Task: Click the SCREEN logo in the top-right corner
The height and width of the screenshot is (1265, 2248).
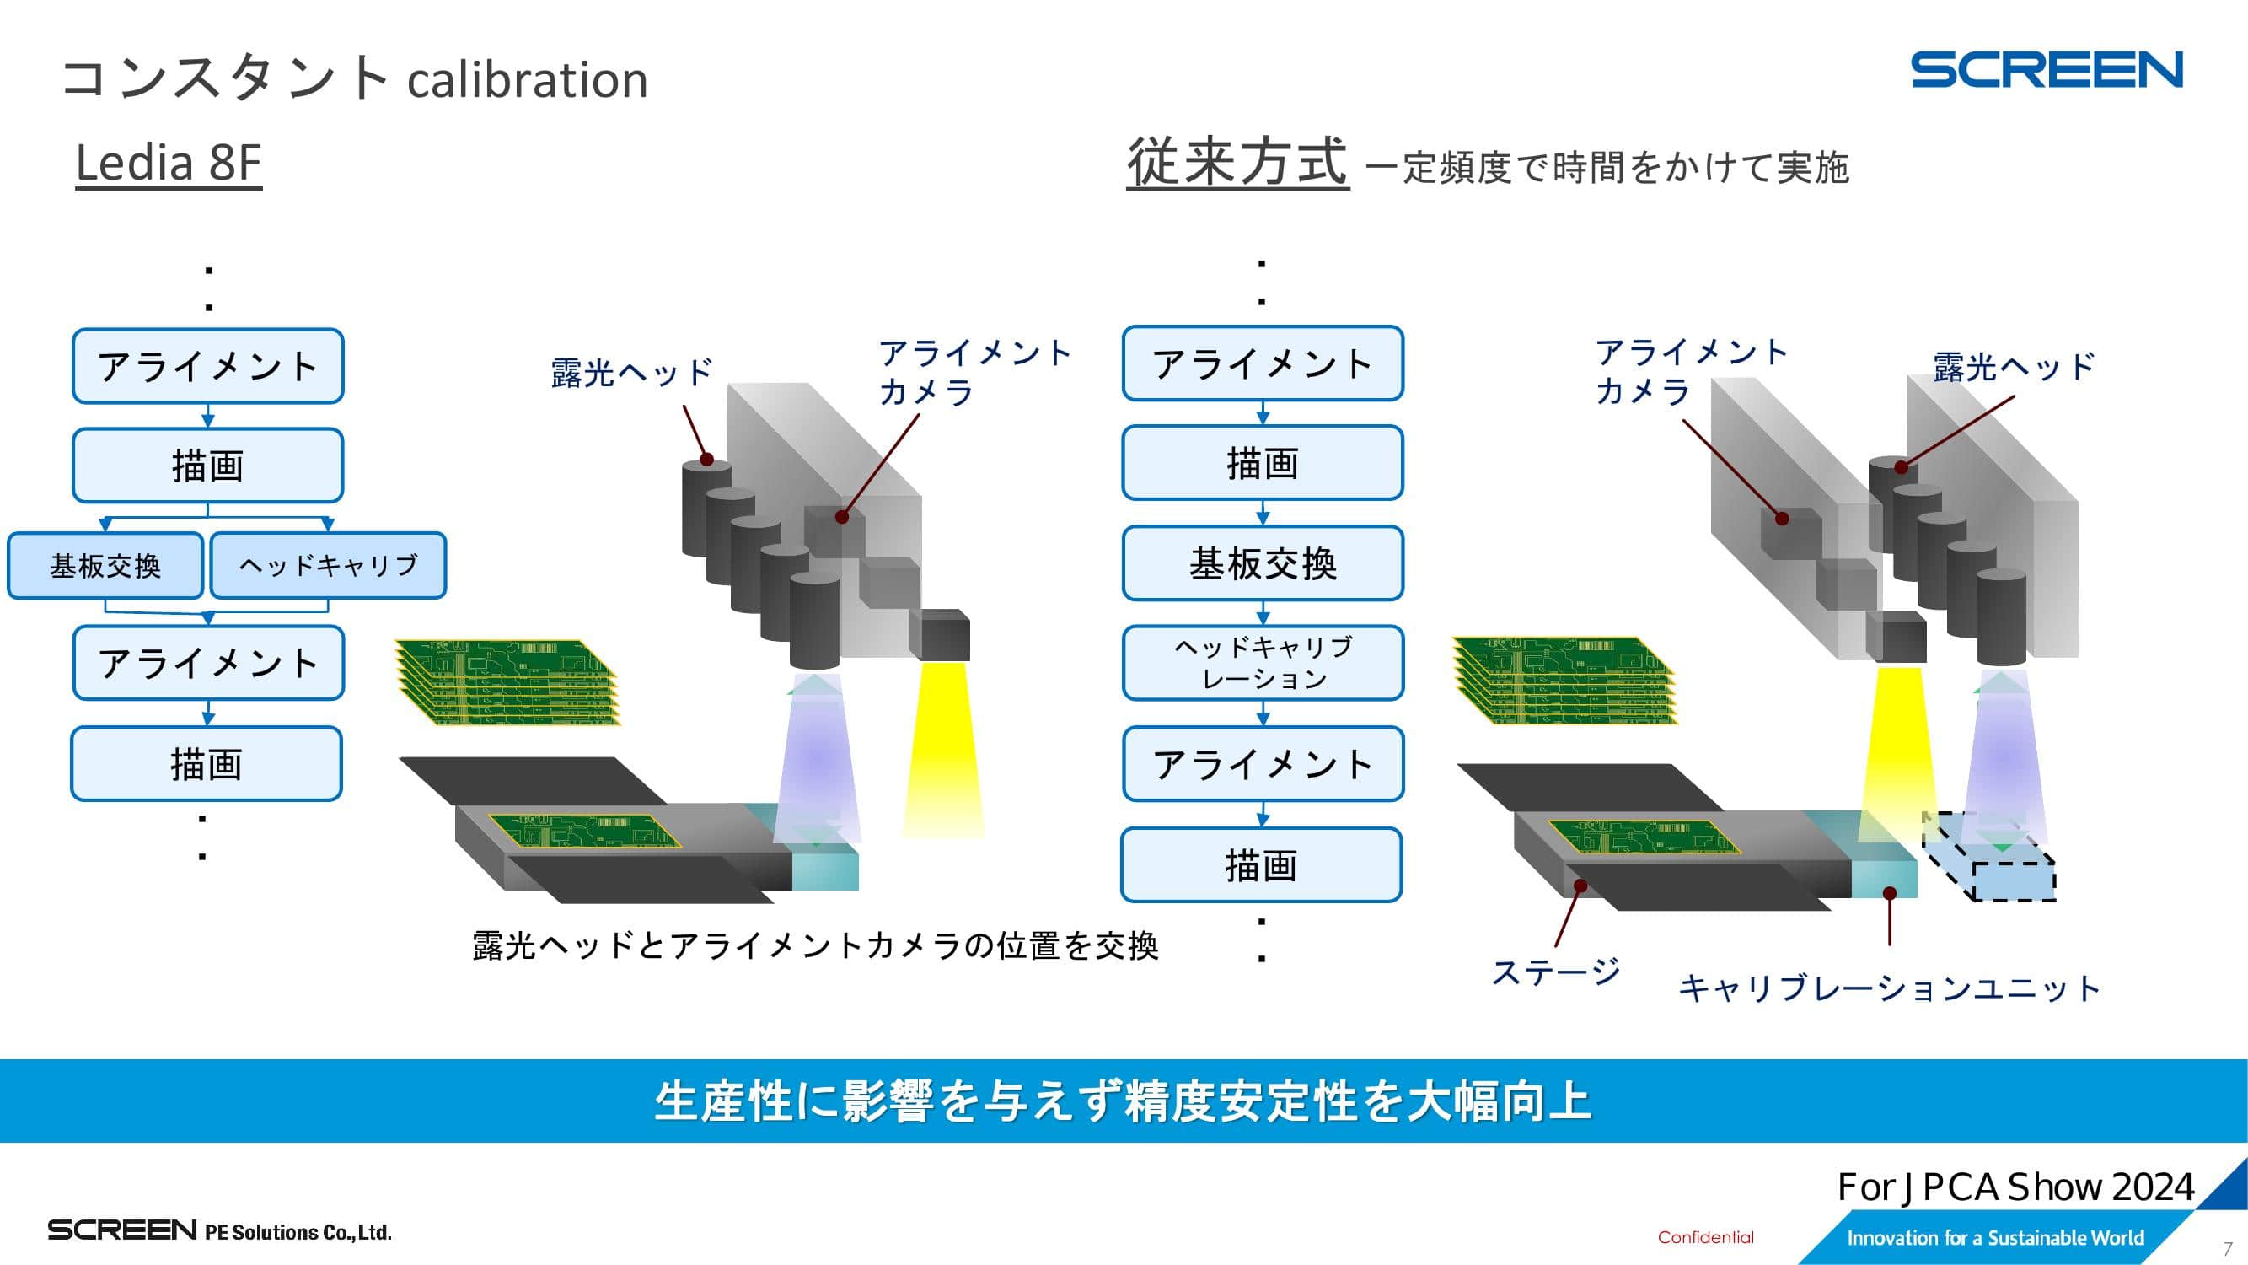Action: [2047, 70]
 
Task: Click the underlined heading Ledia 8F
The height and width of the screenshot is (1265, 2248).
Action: [169, 163]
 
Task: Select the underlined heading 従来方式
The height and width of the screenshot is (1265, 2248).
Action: [1237, 163]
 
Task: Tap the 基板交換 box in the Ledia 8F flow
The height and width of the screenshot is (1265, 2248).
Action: [105, 566]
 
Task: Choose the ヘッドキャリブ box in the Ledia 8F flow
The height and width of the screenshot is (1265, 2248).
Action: [329, 566]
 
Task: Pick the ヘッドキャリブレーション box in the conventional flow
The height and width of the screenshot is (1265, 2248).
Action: [1263, 663]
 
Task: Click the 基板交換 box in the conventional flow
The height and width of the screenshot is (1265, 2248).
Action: [1263, 563]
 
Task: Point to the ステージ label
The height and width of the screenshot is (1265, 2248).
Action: [1556, 972]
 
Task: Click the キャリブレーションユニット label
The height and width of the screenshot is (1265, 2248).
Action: [1889, 989]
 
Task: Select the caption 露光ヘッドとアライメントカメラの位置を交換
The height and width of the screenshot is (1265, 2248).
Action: [815, 945]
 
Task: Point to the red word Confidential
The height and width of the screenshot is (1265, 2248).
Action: [1705, 1237]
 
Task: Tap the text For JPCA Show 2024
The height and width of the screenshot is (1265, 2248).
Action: [2015, 1187]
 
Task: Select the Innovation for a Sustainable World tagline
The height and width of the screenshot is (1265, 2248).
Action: [1995, 1238]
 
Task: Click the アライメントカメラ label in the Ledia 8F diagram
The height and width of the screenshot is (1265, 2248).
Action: [974, 373]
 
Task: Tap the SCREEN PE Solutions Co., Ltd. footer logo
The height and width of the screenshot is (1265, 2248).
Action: [219, 1231]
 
